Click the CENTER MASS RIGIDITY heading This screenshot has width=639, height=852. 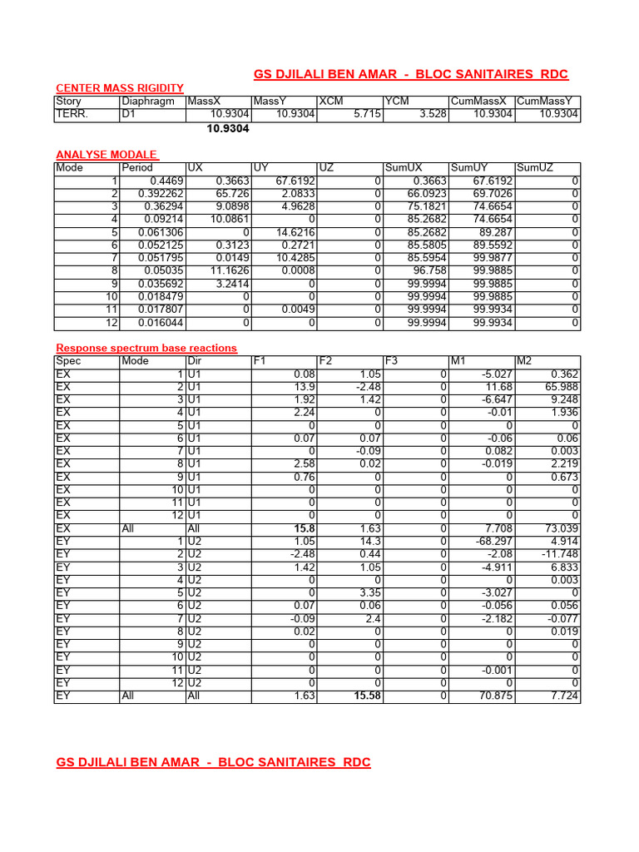[x=119, y=87]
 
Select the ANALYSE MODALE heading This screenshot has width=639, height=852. [x=106, y=155]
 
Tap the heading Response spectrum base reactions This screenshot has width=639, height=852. [x=146, y=348]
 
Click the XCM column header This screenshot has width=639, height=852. [x=331, y=102]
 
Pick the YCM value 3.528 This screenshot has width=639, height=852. [x=429, y=114]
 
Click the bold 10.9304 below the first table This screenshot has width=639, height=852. [x=228, y=129]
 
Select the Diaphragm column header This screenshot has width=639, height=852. [x=148, y=102]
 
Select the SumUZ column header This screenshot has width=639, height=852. [x=534, y=167]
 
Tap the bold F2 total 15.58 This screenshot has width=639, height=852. [x=366, y=696]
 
